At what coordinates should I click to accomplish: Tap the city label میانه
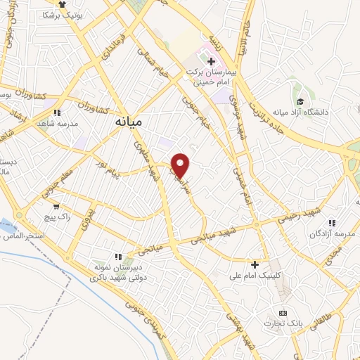click(x=127, y=122)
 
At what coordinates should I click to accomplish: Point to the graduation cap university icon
click(x=300, y=102)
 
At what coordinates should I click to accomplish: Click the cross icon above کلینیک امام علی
click(x=255, y=264)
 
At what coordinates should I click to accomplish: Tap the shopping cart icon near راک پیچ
click(x=56, y=207)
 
